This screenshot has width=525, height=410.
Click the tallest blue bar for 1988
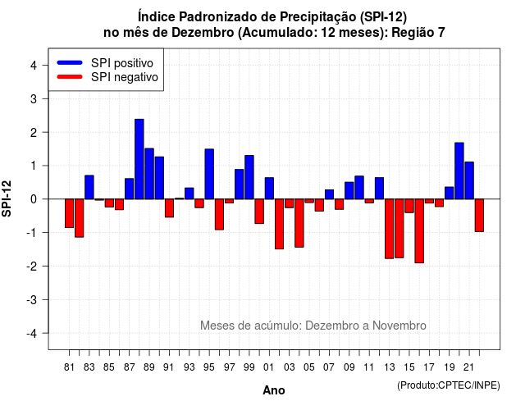coord(139,159)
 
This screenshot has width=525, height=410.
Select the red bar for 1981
coord(69,213)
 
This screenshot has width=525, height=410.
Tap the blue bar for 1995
coord(209,174)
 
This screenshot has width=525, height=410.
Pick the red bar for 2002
coord(279,224)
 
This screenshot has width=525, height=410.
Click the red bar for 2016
coord(419,231)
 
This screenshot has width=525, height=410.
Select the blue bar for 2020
coord(459,171)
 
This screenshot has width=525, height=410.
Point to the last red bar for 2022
coord(479,215)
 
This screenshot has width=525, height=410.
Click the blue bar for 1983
coord(89,187)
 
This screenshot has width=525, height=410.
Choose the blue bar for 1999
coord(249,177)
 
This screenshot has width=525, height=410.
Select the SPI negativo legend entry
coord(107,77)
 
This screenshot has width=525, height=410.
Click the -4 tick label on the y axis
coord(33,334)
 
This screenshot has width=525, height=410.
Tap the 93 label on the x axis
coord(189,367)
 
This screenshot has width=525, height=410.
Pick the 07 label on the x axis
coord(329,367)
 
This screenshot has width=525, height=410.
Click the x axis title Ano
coord(274,390)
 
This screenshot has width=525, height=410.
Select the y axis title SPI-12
coord(7,198)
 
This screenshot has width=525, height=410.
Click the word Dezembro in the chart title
coord(203,33)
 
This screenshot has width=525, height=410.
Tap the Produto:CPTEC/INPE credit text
coord(449,385)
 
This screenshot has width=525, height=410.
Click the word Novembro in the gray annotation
coord(399,326)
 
